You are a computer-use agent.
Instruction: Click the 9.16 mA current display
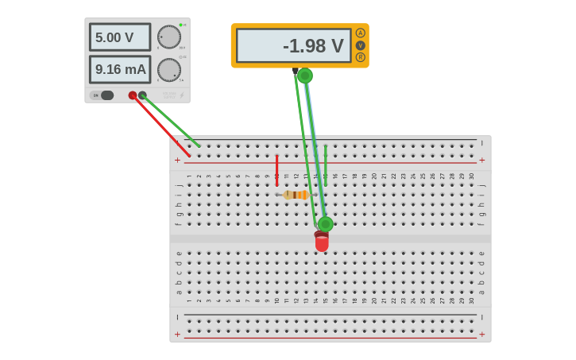coord(119,69)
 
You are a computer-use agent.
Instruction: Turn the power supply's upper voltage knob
coord(168,37)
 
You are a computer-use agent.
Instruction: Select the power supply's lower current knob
coord(168,69)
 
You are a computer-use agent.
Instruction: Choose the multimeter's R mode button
coord(360,57)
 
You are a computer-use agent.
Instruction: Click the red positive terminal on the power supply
coord(133,95)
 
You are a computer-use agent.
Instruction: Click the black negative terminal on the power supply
coord(142,95)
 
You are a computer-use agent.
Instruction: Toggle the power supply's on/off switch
coord(105,95)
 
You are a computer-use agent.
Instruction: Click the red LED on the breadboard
coord(322,242)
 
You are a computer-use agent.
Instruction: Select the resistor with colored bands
coord(296,195)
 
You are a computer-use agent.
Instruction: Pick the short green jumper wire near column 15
coord(325,165)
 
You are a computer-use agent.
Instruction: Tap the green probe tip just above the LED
coord(325,224)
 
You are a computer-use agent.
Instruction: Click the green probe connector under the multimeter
coord(304,75)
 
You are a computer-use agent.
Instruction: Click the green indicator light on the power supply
coord(180,25)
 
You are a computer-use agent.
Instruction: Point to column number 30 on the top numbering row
coord(471,176)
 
